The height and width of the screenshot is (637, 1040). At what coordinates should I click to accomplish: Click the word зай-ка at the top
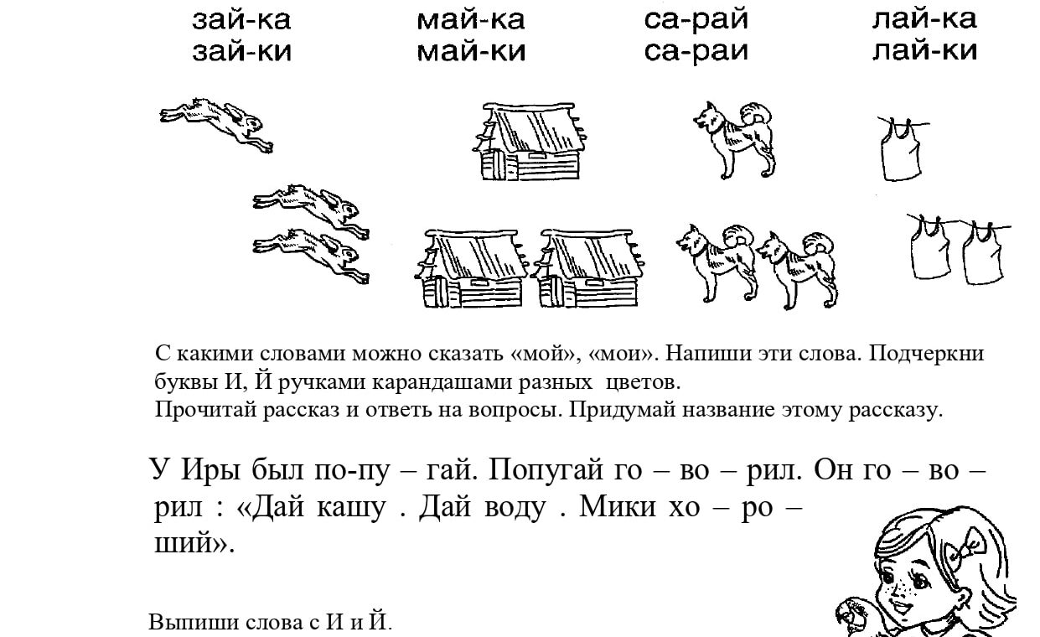[241, 21]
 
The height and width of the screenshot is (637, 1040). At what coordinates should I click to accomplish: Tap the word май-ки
[471, 51]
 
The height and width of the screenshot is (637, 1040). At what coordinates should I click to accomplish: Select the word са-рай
[696, 21]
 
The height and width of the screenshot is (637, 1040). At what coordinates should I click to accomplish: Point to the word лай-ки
[924, 51]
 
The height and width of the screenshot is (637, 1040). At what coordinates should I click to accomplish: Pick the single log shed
[530, 142]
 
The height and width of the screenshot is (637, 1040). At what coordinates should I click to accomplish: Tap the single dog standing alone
[734, 139]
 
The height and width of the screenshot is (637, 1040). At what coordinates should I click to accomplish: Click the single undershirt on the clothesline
[901, 149]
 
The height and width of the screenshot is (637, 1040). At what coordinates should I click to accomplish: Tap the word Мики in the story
[618, 506]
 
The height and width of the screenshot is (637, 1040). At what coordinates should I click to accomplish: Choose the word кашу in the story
[351, 508]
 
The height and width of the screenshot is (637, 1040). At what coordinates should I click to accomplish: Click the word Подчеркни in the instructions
[926, 355]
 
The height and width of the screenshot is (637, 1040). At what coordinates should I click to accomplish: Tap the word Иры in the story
[210, 470]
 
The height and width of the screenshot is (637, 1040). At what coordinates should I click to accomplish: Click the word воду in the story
[515, 508]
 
